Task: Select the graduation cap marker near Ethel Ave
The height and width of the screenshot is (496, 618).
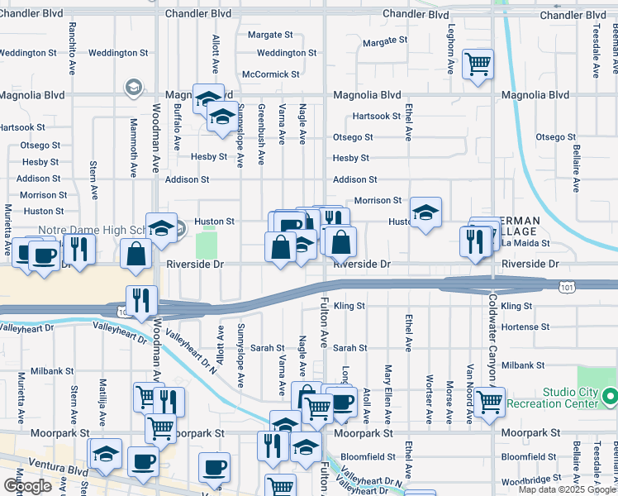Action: pyautogui.click(x=425, y=212)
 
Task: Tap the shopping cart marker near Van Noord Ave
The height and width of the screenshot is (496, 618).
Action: pyautogui.click(x=490, y=402)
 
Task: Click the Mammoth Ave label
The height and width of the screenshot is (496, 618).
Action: pyautogui.click(x=133, y=149)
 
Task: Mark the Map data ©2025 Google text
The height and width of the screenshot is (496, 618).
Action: pyautogui.click(x=567, y=489)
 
